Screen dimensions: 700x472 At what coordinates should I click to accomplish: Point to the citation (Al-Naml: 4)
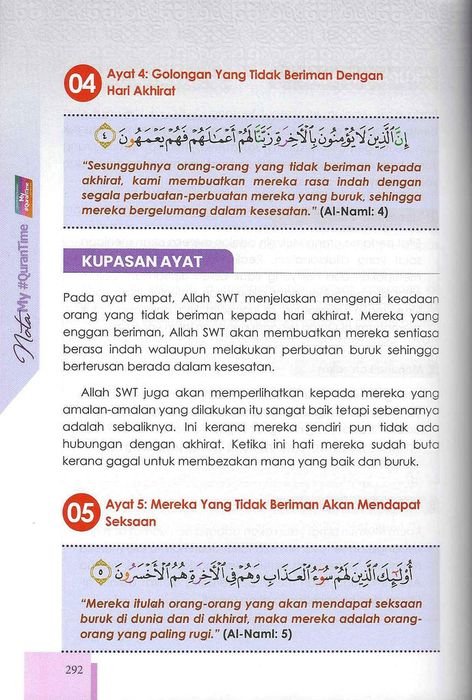(x=354, y=212)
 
